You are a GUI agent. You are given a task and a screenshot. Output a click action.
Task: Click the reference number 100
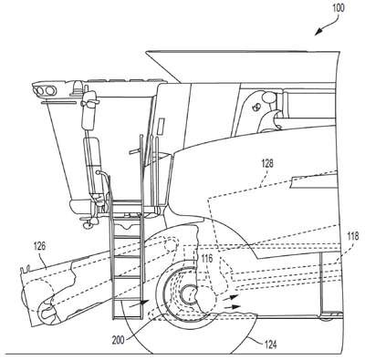(339, 8)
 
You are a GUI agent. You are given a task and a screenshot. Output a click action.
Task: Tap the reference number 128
(267, 164)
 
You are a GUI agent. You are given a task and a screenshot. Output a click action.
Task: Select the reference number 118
(353, 236)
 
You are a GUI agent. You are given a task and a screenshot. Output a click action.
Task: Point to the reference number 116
(207, 259)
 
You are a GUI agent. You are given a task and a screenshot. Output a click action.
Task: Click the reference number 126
(39, 246)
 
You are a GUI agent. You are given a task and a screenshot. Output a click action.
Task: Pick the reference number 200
(118, 339)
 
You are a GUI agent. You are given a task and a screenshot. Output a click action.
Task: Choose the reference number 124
(271, 345)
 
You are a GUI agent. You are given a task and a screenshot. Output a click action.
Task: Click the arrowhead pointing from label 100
(318, 32)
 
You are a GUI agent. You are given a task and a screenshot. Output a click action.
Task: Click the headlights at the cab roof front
(45, 90)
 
